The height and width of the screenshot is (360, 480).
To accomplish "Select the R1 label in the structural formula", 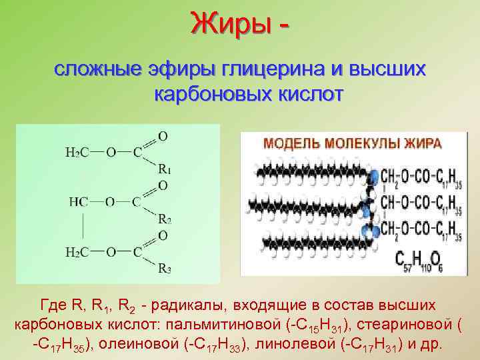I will click(x=165, y=169).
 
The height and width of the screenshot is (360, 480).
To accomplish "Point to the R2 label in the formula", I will click(x=165, y=219).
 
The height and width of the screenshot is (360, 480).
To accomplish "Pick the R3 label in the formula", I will click(x=165, y=269).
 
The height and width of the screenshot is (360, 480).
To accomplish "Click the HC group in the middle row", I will click(x=77, y=201).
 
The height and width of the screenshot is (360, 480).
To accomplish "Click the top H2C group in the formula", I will click(x=78, y=152).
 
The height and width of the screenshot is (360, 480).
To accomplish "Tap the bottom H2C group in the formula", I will click(x=78, y=251).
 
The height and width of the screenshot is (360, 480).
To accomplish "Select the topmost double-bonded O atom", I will click(x=163, y=136).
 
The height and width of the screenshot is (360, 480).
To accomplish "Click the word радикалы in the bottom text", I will click(x=188, y=305).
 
